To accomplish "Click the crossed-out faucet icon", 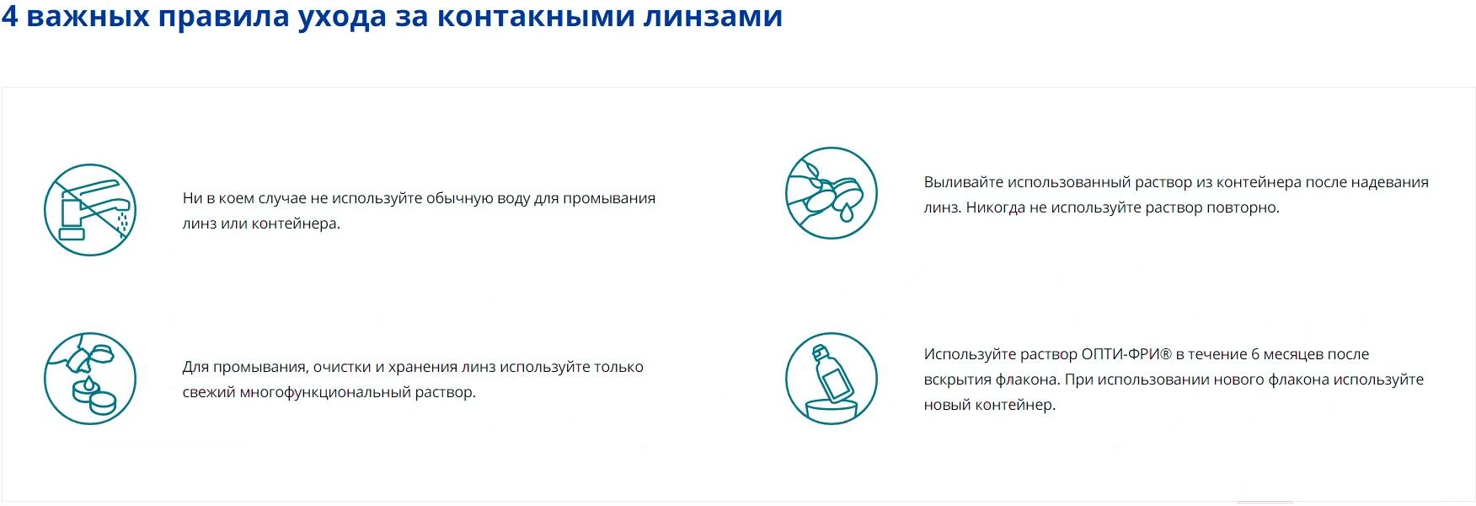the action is point(90,210).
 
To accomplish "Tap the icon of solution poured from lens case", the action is point(832,193).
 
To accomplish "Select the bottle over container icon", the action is point(832,379).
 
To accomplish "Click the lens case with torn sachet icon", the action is point(90,379).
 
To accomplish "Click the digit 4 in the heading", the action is point(9,16).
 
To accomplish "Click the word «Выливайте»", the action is point(964,182).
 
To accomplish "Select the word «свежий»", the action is point(209,392).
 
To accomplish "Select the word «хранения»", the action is point(422,368).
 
